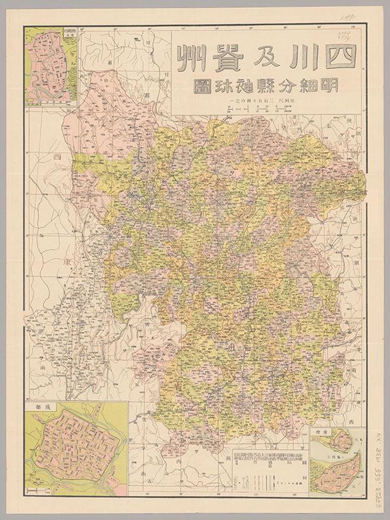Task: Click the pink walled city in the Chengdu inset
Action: coord(75,447)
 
